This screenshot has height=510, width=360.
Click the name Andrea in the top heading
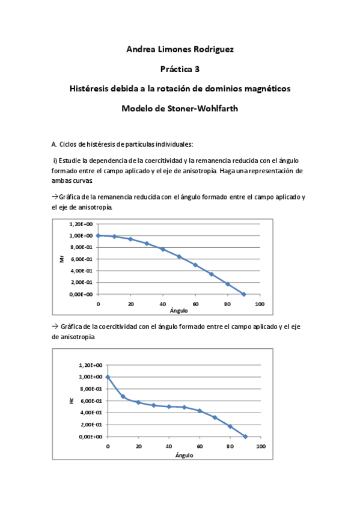coord(140,49)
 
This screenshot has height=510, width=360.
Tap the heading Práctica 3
coord(180,69)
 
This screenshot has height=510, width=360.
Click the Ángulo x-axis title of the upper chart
coord(178,311)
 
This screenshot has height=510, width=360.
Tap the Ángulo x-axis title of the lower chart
coord(184,455)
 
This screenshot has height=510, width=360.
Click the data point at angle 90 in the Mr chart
coord(243,294)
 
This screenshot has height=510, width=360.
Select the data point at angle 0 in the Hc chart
coord(108,377)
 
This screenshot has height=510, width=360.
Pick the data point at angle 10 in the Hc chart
coord(123,397)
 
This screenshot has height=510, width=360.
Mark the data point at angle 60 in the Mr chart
coord(195,265)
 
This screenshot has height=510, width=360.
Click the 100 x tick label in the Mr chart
coord(259,304)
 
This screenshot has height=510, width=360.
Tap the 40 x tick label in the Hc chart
coord(169,446)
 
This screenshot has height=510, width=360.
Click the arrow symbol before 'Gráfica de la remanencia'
coord(55,197)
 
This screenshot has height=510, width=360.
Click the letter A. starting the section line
coord(54,144)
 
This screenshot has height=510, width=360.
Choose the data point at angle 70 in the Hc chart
coord(215,417)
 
